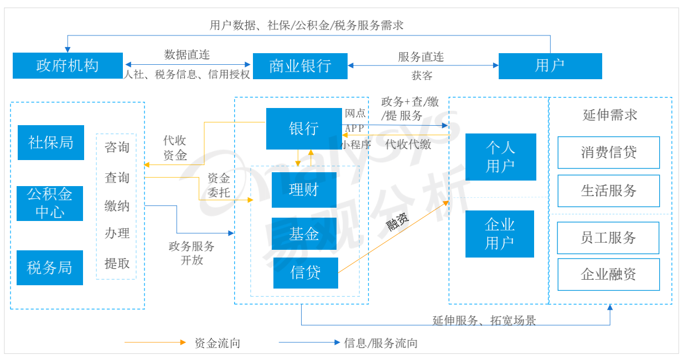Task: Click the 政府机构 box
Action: click(68, 66)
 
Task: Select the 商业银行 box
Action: click(300, 66)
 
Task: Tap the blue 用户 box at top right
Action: click(550, 66)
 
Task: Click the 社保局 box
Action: click(51, 143)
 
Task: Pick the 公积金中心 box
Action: click(50, 203)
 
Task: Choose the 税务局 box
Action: click(50, 268)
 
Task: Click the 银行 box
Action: click(304, 129)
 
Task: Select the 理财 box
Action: click(304, 190)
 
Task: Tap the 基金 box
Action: click(304, 234)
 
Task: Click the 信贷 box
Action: click(306, 272)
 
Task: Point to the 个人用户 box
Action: click(500, 157)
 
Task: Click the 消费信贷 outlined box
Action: click(608, 152)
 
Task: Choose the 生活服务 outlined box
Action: click(608, 191)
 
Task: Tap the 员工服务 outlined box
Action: click(608, 238)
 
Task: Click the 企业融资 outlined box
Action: click(608, 274)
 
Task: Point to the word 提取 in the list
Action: click(117, 263)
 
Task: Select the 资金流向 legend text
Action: click(218, 343)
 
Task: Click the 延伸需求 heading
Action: click(610, 115)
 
